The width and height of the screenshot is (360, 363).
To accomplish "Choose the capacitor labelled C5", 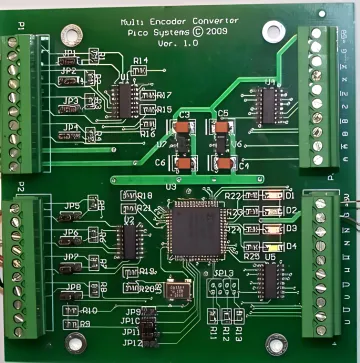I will tap(222, 129).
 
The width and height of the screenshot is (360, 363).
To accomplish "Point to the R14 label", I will tap(140, 61).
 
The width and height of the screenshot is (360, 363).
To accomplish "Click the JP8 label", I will tap(73, 287).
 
